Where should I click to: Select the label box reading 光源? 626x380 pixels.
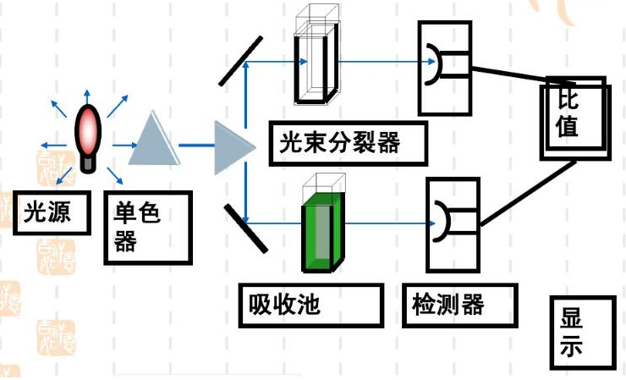[52, 214]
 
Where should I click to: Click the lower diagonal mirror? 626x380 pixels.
[245, 228]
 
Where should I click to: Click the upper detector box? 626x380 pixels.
[445, 67]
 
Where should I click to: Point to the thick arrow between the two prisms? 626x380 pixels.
[196, 146]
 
